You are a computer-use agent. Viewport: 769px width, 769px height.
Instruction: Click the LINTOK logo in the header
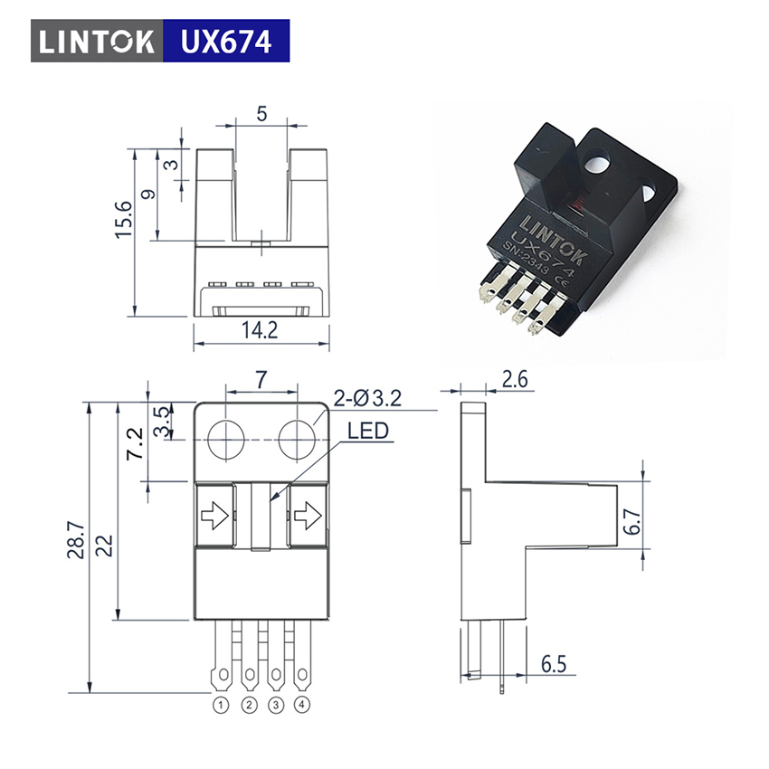click(x=97, y=42)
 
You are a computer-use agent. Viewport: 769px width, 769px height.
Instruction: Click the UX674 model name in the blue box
click(x=226, y=42)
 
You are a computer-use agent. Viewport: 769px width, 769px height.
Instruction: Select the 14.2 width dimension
click(x=260, y=330)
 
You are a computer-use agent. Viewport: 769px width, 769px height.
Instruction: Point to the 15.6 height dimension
click(x=124, y=220)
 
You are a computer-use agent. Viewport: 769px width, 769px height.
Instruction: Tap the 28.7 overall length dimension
click(x=76, y=541)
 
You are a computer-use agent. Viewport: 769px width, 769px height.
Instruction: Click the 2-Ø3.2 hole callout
click(x=367, y=398)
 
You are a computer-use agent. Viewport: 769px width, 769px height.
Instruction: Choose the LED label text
click(x=368, y=431)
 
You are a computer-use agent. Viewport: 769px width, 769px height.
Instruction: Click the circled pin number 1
click(x=221, y=706)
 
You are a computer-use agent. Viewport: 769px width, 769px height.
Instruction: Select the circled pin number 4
click(x=302, y=705)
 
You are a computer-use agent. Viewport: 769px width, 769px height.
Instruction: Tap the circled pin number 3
click(x=276, y=706)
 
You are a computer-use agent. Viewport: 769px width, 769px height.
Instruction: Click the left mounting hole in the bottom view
click(x=226, y=440)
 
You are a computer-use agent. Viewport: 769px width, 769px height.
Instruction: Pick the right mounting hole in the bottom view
click(x=298, y=440)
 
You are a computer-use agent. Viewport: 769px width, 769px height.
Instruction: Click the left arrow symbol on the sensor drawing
click(x=214, y=516)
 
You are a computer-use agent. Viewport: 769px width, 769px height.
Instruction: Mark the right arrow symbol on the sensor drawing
click(x=308, y=516)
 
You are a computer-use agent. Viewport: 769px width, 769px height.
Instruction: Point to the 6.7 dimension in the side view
click(x=632, y=521)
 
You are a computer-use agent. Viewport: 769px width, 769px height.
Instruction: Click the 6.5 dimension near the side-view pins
click(x=554, y=664)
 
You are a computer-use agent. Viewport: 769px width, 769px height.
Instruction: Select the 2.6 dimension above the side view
click(x=515, y=380)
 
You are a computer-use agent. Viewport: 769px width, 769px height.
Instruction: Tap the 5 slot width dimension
click(x=261, y=114)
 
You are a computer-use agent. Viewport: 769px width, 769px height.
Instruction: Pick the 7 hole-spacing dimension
click(x=261, y=379)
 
